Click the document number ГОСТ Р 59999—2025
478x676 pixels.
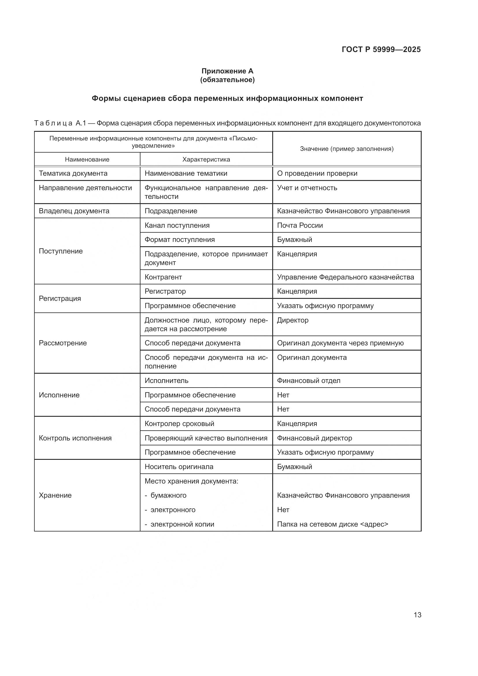(381, 49)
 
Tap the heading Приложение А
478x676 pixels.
(227, 71)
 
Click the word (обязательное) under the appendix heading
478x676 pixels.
(227, 80)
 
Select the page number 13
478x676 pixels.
(417, 615)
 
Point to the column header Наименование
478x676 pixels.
(87, 160)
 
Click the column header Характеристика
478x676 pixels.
(206, 160)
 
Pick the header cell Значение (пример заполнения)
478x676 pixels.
(347, 149)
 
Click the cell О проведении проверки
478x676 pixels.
(317, 173)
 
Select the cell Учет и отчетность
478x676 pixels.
(307, 188)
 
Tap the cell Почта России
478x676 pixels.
(300, 225)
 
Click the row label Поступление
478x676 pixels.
(61, 251)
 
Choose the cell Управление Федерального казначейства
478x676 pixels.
(345, 277)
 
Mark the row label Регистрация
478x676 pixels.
(60, 299)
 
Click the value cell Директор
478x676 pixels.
(292, 320)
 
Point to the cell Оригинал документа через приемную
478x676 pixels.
(340, 343)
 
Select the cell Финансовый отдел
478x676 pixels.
(308, 381)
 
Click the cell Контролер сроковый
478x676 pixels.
(179, 424)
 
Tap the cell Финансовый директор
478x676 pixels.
(314, 438)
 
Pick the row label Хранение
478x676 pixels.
(55, 495)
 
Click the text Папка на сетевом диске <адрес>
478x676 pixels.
(333, 524)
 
